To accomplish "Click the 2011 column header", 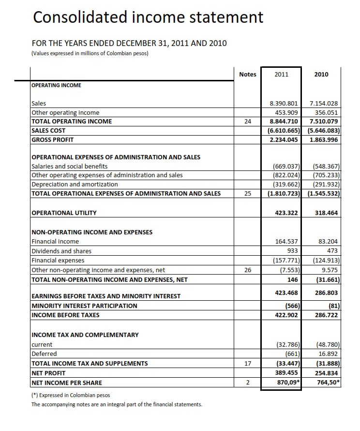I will pyautogui.click(x=281, y=74).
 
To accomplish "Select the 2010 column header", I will pyautogui.click(x=321, y=74).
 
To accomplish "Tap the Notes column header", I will pyautogui.click(x=248, y=74).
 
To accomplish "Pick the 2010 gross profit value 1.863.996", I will pyautogui.click(x=324, y=139).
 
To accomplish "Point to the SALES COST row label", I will pyautogui.click(x=48, y=130).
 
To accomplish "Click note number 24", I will pyautogui.click(x=248, y=122).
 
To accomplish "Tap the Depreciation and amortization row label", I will pyautogui.click(x=75, y=185).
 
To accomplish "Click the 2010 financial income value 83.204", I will pyautogui.click(x=329, y=241).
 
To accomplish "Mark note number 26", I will pyautogui.click(x=248, y=270).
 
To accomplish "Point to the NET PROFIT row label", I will pyautogui.click(x=48, y=373).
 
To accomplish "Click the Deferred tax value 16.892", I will pyautogui.click(x=329, y=354).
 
